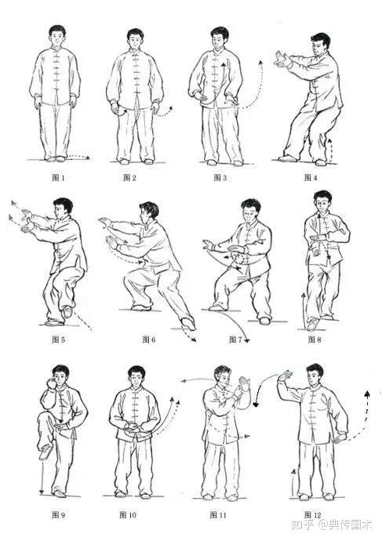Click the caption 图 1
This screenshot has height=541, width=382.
click(58, 178)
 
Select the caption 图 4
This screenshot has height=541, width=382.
click(311, 178)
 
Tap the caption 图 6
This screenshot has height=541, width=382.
click(149, 339)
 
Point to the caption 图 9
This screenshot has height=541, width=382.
click(58, 515)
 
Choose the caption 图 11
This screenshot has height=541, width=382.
click(218, 515)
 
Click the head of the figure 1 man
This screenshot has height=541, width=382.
click(57, 35)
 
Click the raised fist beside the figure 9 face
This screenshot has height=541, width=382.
click(52, 383)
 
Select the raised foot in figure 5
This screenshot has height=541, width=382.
click(67, 311)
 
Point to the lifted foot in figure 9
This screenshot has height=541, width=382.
click(45, 452)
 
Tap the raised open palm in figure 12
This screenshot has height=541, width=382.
click(286, 376)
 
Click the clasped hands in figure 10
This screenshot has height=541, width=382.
click(132, 427)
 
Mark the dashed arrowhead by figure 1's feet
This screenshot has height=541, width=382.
click(88, 158)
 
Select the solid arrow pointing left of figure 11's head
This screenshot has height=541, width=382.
click(198, 380)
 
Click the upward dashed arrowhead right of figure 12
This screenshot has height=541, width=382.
click(367, 393)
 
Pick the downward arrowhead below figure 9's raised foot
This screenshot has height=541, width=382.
click(42, 492)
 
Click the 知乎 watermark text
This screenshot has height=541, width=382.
click(302, 525)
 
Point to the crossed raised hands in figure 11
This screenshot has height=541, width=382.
click(242, 388)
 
